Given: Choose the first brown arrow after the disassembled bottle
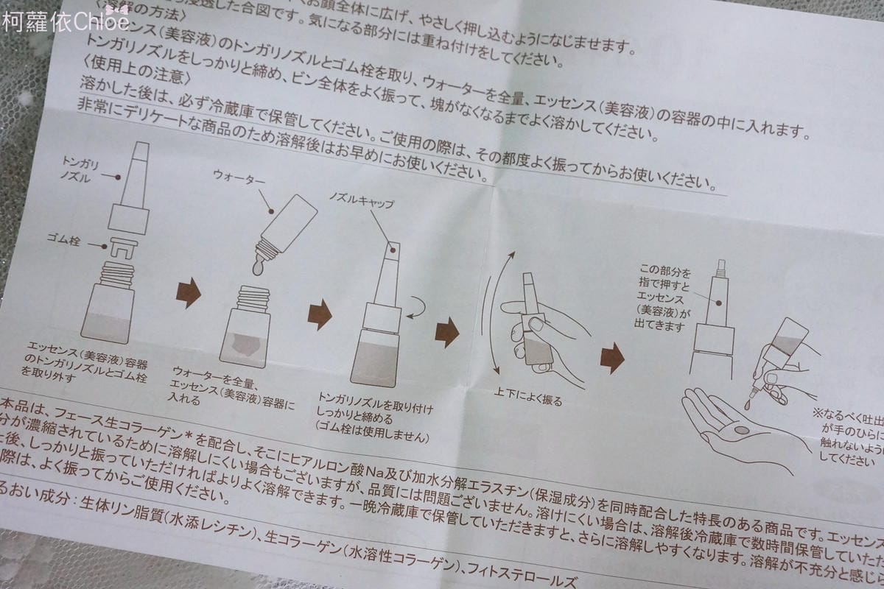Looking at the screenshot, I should click(189, 293).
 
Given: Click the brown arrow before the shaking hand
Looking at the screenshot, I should click(446, 332).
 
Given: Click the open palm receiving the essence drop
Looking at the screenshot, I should click(737, 427).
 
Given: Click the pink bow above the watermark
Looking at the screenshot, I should click(117, 8).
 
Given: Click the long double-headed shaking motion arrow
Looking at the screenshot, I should click(491, 309).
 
